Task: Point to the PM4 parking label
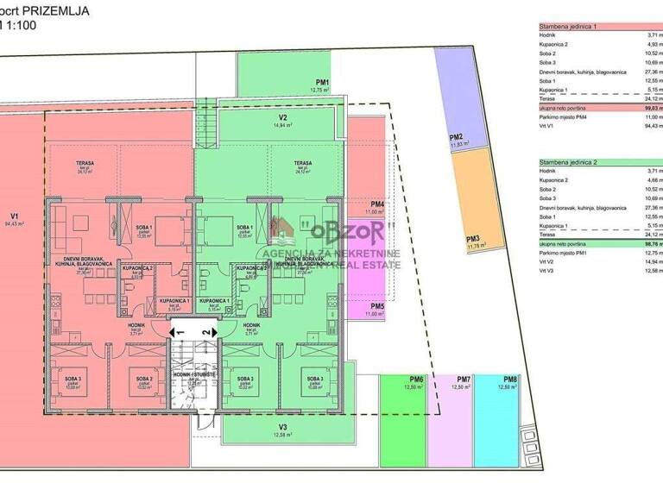(x=376, y=204)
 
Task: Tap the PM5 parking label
(x=377, y=306)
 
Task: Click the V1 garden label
(x=15, y=216)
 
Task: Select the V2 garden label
(x=282, y=117)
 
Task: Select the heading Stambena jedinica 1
(x=568, y=28)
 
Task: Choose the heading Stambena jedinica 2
(x=568, y=161)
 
